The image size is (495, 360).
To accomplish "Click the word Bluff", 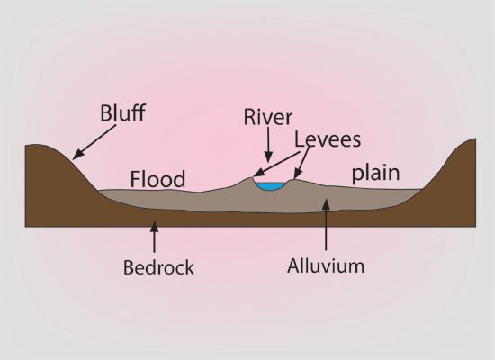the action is [122, 112].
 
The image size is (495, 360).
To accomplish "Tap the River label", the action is [268, 117].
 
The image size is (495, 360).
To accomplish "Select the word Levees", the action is [328, 139].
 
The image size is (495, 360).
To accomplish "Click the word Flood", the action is [157, 179].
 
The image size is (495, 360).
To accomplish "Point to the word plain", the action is [375, 174].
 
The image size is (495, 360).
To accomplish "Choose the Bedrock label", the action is [158, 267].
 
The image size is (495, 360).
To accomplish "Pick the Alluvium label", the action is [326, 265].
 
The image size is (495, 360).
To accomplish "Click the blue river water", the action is [270, 186].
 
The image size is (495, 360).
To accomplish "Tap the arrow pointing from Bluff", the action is [94, 142].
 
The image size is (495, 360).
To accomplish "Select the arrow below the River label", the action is [268, 145].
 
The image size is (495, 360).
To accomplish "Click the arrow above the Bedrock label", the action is [154, 237].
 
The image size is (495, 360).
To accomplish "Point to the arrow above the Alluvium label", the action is [326, 224].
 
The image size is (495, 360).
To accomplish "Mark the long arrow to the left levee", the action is [276, 164].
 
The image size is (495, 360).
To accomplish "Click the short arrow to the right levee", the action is [301, 163].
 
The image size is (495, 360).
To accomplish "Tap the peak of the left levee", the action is [251, 178].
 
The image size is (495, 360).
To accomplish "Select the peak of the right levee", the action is [294, 180].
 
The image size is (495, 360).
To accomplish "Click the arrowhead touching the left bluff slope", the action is [77, 155].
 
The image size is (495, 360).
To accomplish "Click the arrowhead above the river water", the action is [268, 157].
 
